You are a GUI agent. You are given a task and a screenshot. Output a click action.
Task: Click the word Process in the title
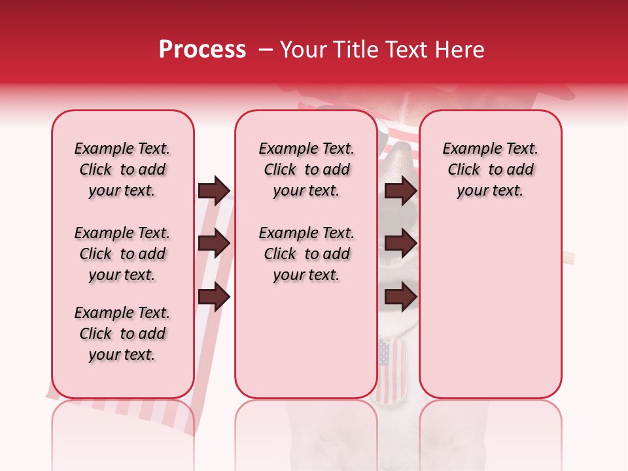pos(202,50)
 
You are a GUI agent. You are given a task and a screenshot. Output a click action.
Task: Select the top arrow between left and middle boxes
pos(214,190)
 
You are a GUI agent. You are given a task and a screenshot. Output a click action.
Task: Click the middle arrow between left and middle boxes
pos(214,244)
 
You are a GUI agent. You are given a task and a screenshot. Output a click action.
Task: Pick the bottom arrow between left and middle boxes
pos(214,297)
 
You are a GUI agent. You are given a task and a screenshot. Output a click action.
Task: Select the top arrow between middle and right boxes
pos(400,190)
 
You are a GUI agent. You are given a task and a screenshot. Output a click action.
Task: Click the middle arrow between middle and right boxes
pos(400,244)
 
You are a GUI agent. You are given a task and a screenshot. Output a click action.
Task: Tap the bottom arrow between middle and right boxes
pos(400,297)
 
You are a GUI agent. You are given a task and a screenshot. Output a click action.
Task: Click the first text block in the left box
pos(122,169)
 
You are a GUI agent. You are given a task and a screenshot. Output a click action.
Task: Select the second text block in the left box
pos(122,254)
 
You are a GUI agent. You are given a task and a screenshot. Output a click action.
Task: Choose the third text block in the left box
pos(122,334)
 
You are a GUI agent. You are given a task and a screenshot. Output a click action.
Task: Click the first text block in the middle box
pos(306,169)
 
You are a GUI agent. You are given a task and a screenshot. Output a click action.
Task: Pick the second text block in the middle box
pos(306,254)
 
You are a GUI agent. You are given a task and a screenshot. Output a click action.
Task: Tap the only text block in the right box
pos(490,169)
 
